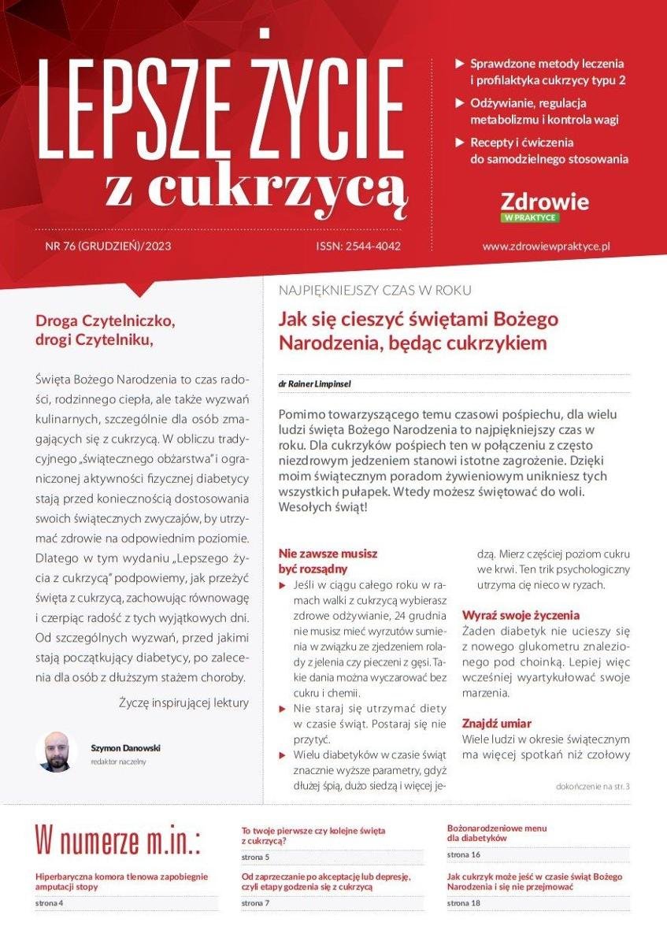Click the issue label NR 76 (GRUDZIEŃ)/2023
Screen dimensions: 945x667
click(x=109, y=246)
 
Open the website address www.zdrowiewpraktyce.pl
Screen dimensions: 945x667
click(x=547, y=246)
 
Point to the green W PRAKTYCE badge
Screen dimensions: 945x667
click(x=529, y=217)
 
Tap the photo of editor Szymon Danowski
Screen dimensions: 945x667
click(x=56, y=752)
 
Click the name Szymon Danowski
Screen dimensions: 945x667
click(x=126, y=748)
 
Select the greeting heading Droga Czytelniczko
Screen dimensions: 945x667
click(x=104, y=321)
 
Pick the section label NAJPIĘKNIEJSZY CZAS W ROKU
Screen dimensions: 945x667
click(x=375, y=291)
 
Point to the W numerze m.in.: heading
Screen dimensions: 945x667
click(x=118, y=840)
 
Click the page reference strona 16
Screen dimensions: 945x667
click(x=464, y=854)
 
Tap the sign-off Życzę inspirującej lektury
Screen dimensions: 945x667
click(x=183, y=702)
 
